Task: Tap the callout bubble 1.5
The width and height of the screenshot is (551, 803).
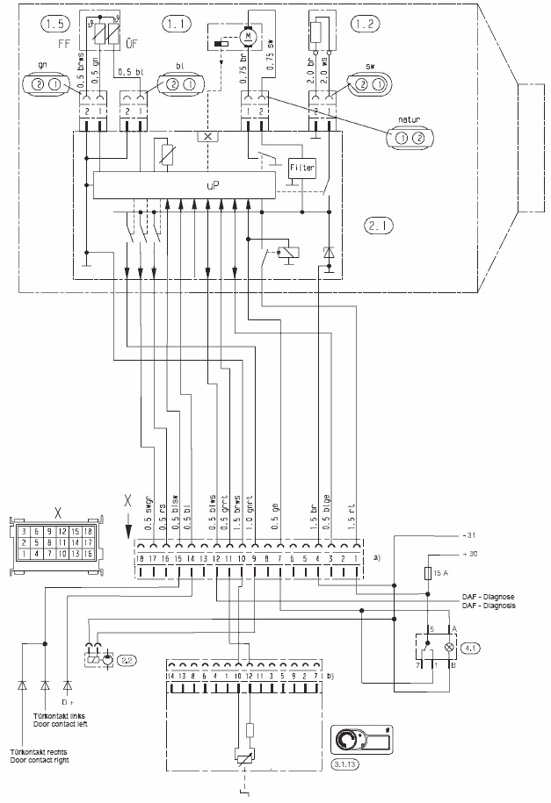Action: [x=43, y=21]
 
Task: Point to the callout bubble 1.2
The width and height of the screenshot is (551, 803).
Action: [x=367, y=21]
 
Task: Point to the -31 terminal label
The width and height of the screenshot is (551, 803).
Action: [x=468, y=534]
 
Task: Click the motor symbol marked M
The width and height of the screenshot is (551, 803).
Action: [x=249, y=33]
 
